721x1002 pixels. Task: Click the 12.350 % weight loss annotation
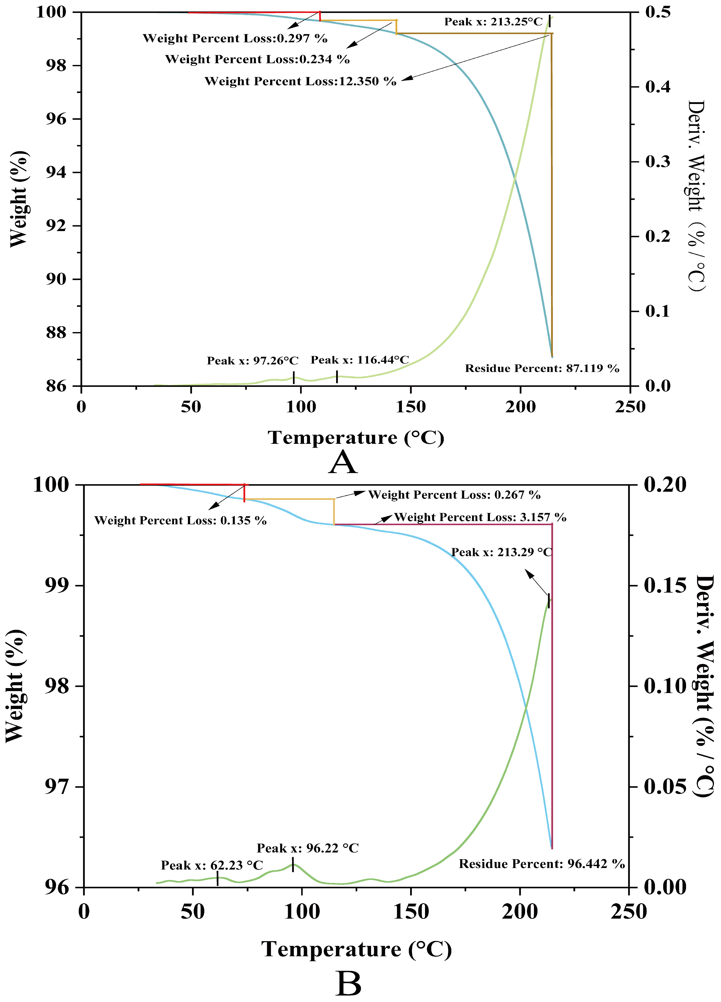pos(300,81)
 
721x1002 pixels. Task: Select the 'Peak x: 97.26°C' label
pos(252,361)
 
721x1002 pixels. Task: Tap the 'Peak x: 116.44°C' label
pos(360,360)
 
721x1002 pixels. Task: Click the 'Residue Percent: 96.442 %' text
pos(542,864)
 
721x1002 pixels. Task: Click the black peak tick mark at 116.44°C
pos(337,377)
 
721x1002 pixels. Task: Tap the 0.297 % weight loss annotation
pos(235,38)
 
